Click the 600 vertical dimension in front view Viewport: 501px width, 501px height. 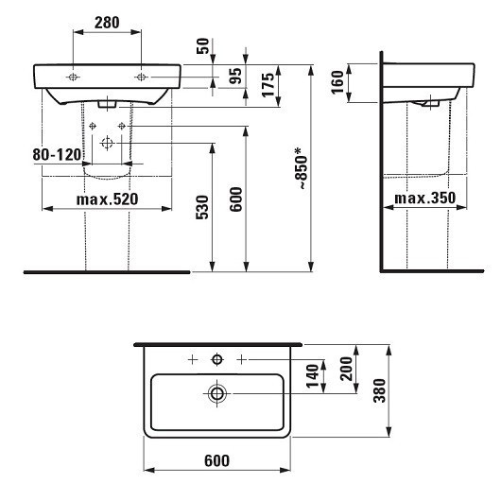coord(236,199)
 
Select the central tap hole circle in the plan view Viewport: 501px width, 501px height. coord(216,359)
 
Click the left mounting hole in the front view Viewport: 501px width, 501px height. coord(73,76)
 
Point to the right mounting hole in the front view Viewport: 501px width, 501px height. coord(141,76)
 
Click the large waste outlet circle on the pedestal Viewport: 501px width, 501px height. coord(106,141)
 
